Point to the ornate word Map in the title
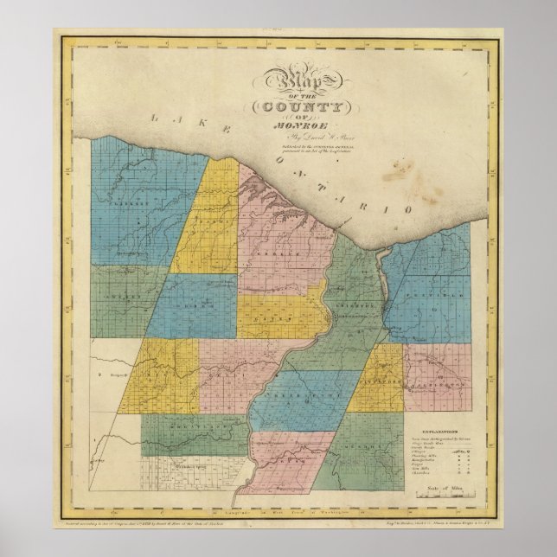click(297, 83)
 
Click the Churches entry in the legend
click(422, 475)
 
